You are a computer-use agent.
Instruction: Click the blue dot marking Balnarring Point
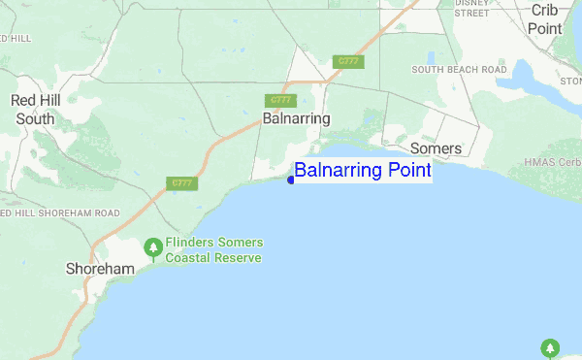[291, 179]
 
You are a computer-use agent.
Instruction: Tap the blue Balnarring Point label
[362, 172]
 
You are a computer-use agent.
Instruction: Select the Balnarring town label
[296, 118]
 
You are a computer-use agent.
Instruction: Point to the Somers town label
[436, 148]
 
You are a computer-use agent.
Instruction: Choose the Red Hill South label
[36, 110]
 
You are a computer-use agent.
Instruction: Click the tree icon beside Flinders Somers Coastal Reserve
[152, 249]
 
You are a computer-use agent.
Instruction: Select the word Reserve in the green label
[239, 258]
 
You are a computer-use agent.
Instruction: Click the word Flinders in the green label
[191, 243]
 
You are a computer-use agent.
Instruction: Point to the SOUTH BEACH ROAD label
[459, 70]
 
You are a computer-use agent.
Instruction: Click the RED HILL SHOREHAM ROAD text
[62, 213]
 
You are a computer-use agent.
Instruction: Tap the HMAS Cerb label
[552, 162]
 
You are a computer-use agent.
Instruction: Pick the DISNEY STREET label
[472, 9]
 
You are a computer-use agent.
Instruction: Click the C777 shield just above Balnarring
[279, 100]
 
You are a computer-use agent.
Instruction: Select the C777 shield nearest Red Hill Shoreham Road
[180, 182]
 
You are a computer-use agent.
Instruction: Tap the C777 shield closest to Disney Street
[347, 61]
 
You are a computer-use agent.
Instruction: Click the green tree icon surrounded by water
[550, 347]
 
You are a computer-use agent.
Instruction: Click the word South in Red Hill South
[36, 119]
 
